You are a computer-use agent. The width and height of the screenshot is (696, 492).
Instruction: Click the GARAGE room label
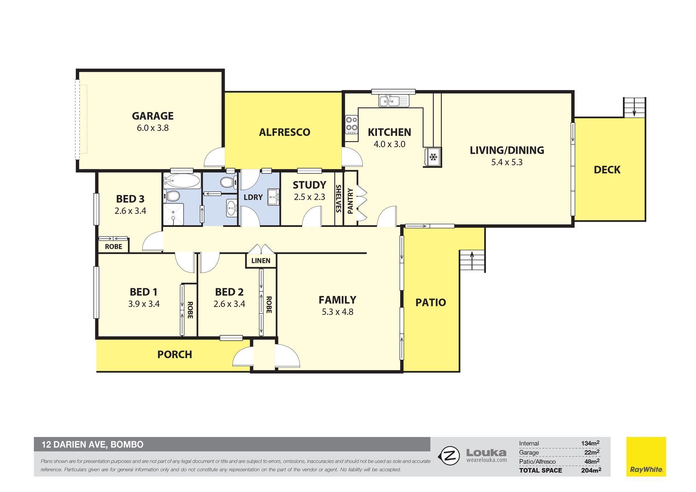[x=153, y=116]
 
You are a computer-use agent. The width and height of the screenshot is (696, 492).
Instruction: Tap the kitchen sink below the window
[x=394, y=101]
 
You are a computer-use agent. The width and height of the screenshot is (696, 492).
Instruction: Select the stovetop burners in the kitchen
[x=351, y=124]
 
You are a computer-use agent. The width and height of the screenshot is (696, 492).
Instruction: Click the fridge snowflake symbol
[x=433, y=157]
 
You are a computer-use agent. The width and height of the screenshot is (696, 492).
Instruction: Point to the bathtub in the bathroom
[x=182, y=180]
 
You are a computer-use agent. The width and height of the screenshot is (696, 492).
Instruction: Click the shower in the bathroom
[x=173, y=214]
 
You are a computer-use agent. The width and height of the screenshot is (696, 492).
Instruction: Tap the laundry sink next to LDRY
[x=274, y=197]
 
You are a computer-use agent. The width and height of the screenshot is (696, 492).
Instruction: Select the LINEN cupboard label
[x=261, y=261]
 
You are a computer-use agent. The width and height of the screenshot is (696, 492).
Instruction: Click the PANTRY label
[x=350, y=201]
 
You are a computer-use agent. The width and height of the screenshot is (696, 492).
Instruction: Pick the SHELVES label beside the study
[x=339, y=198]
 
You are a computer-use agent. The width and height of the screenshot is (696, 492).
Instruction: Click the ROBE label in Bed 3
[x=113, y=247]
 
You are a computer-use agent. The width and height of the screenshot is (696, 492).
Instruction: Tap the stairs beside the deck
[x=634, y=107]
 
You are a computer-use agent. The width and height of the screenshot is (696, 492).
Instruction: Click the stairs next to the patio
[x=472, y=261]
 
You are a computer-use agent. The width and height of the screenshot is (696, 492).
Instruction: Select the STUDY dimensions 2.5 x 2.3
[x=309, y=197]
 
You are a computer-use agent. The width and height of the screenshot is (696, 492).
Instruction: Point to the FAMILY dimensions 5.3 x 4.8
[x=337, y=312]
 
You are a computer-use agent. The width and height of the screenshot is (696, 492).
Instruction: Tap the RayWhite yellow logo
[x=646, y=456]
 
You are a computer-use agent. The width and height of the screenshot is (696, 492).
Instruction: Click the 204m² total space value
[x=591, y=470]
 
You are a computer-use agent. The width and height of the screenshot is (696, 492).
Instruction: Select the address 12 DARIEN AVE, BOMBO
[x=92, y=445]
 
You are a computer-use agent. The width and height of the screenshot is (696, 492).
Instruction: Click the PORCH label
[x=175, y=355]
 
